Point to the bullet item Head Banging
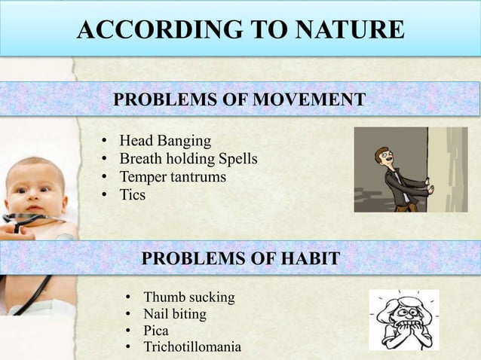165,141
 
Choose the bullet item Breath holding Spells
188,159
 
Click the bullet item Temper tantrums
173,177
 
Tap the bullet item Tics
132,195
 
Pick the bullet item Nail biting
175,314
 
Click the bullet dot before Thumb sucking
129,298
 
